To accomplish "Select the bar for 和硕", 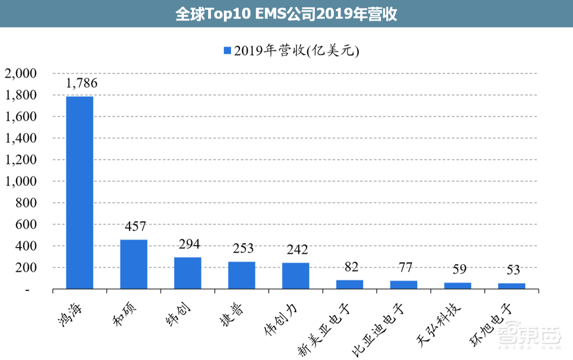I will (134, 264).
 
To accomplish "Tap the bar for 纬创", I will (187, 273).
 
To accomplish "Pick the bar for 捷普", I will (241, 275).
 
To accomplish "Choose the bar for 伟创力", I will (295, 275).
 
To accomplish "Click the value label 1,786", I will (81, 83).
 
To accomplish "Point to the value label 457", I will (135, 227).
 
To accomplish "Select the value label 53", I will (512, 270).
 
